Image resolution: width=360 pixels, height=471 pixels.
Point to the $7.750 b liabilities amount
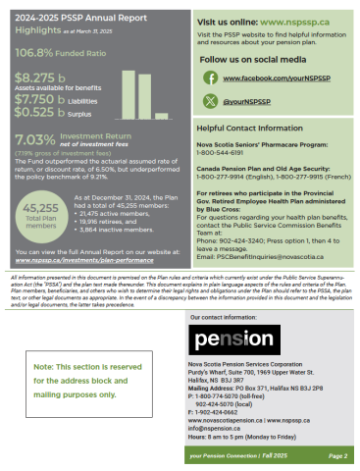click(x=34, y=99)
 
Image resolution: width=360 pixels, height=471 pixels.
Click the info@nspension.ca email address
click(x=218, y=428)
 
